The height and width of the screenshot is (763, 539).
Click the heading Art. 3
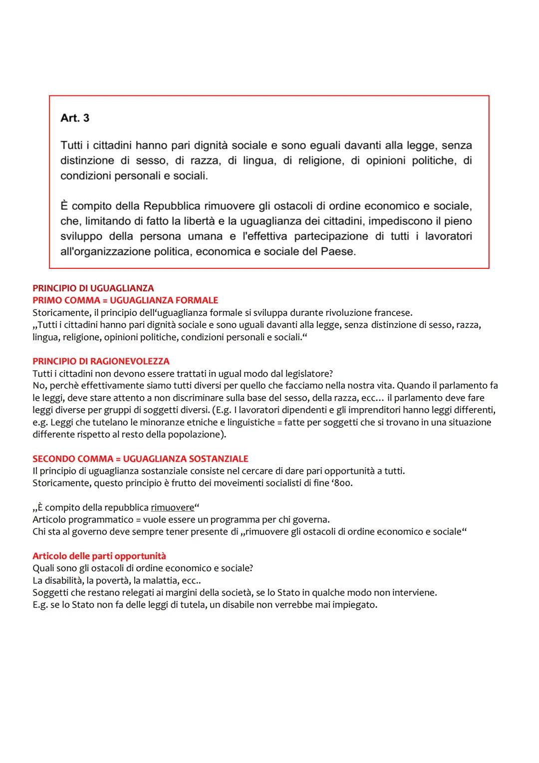click(x=75, y=118)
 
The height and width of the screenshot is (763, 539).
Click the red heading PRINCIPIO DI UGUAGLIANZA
click(x=93, y=288)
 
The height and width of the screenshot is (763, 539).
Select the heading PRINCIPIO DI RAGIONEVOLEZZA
click(x=101, y=361)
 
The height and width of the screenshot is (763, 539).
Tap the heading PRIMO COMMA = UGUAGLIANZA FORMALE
click(x=125, y=300)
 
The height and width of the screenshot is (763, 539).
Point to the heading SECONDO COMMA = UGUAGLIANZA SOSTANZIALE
click(x=140, y=459)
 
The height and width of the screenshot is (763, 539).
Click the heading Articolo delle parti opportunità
click(x=99, y=556)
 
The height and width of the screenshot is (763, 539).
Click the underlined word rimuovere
click(x=172, y=508)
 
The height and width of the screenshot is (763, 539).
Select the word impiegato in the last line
click(x=355, y=605)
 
